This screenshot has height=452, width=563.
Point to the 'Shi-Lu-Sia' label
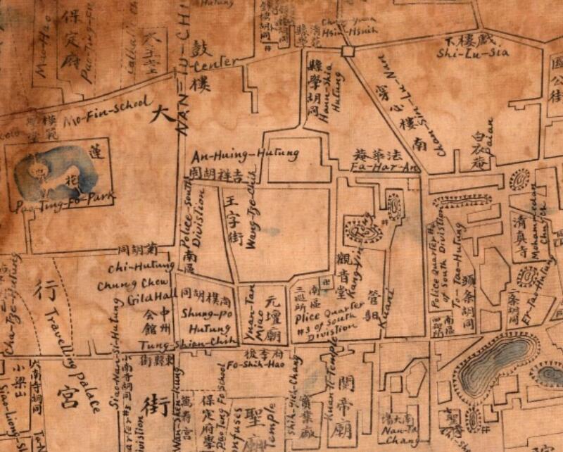point(462,51)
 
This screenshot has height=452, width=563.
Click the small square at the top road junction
point(346,51)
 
